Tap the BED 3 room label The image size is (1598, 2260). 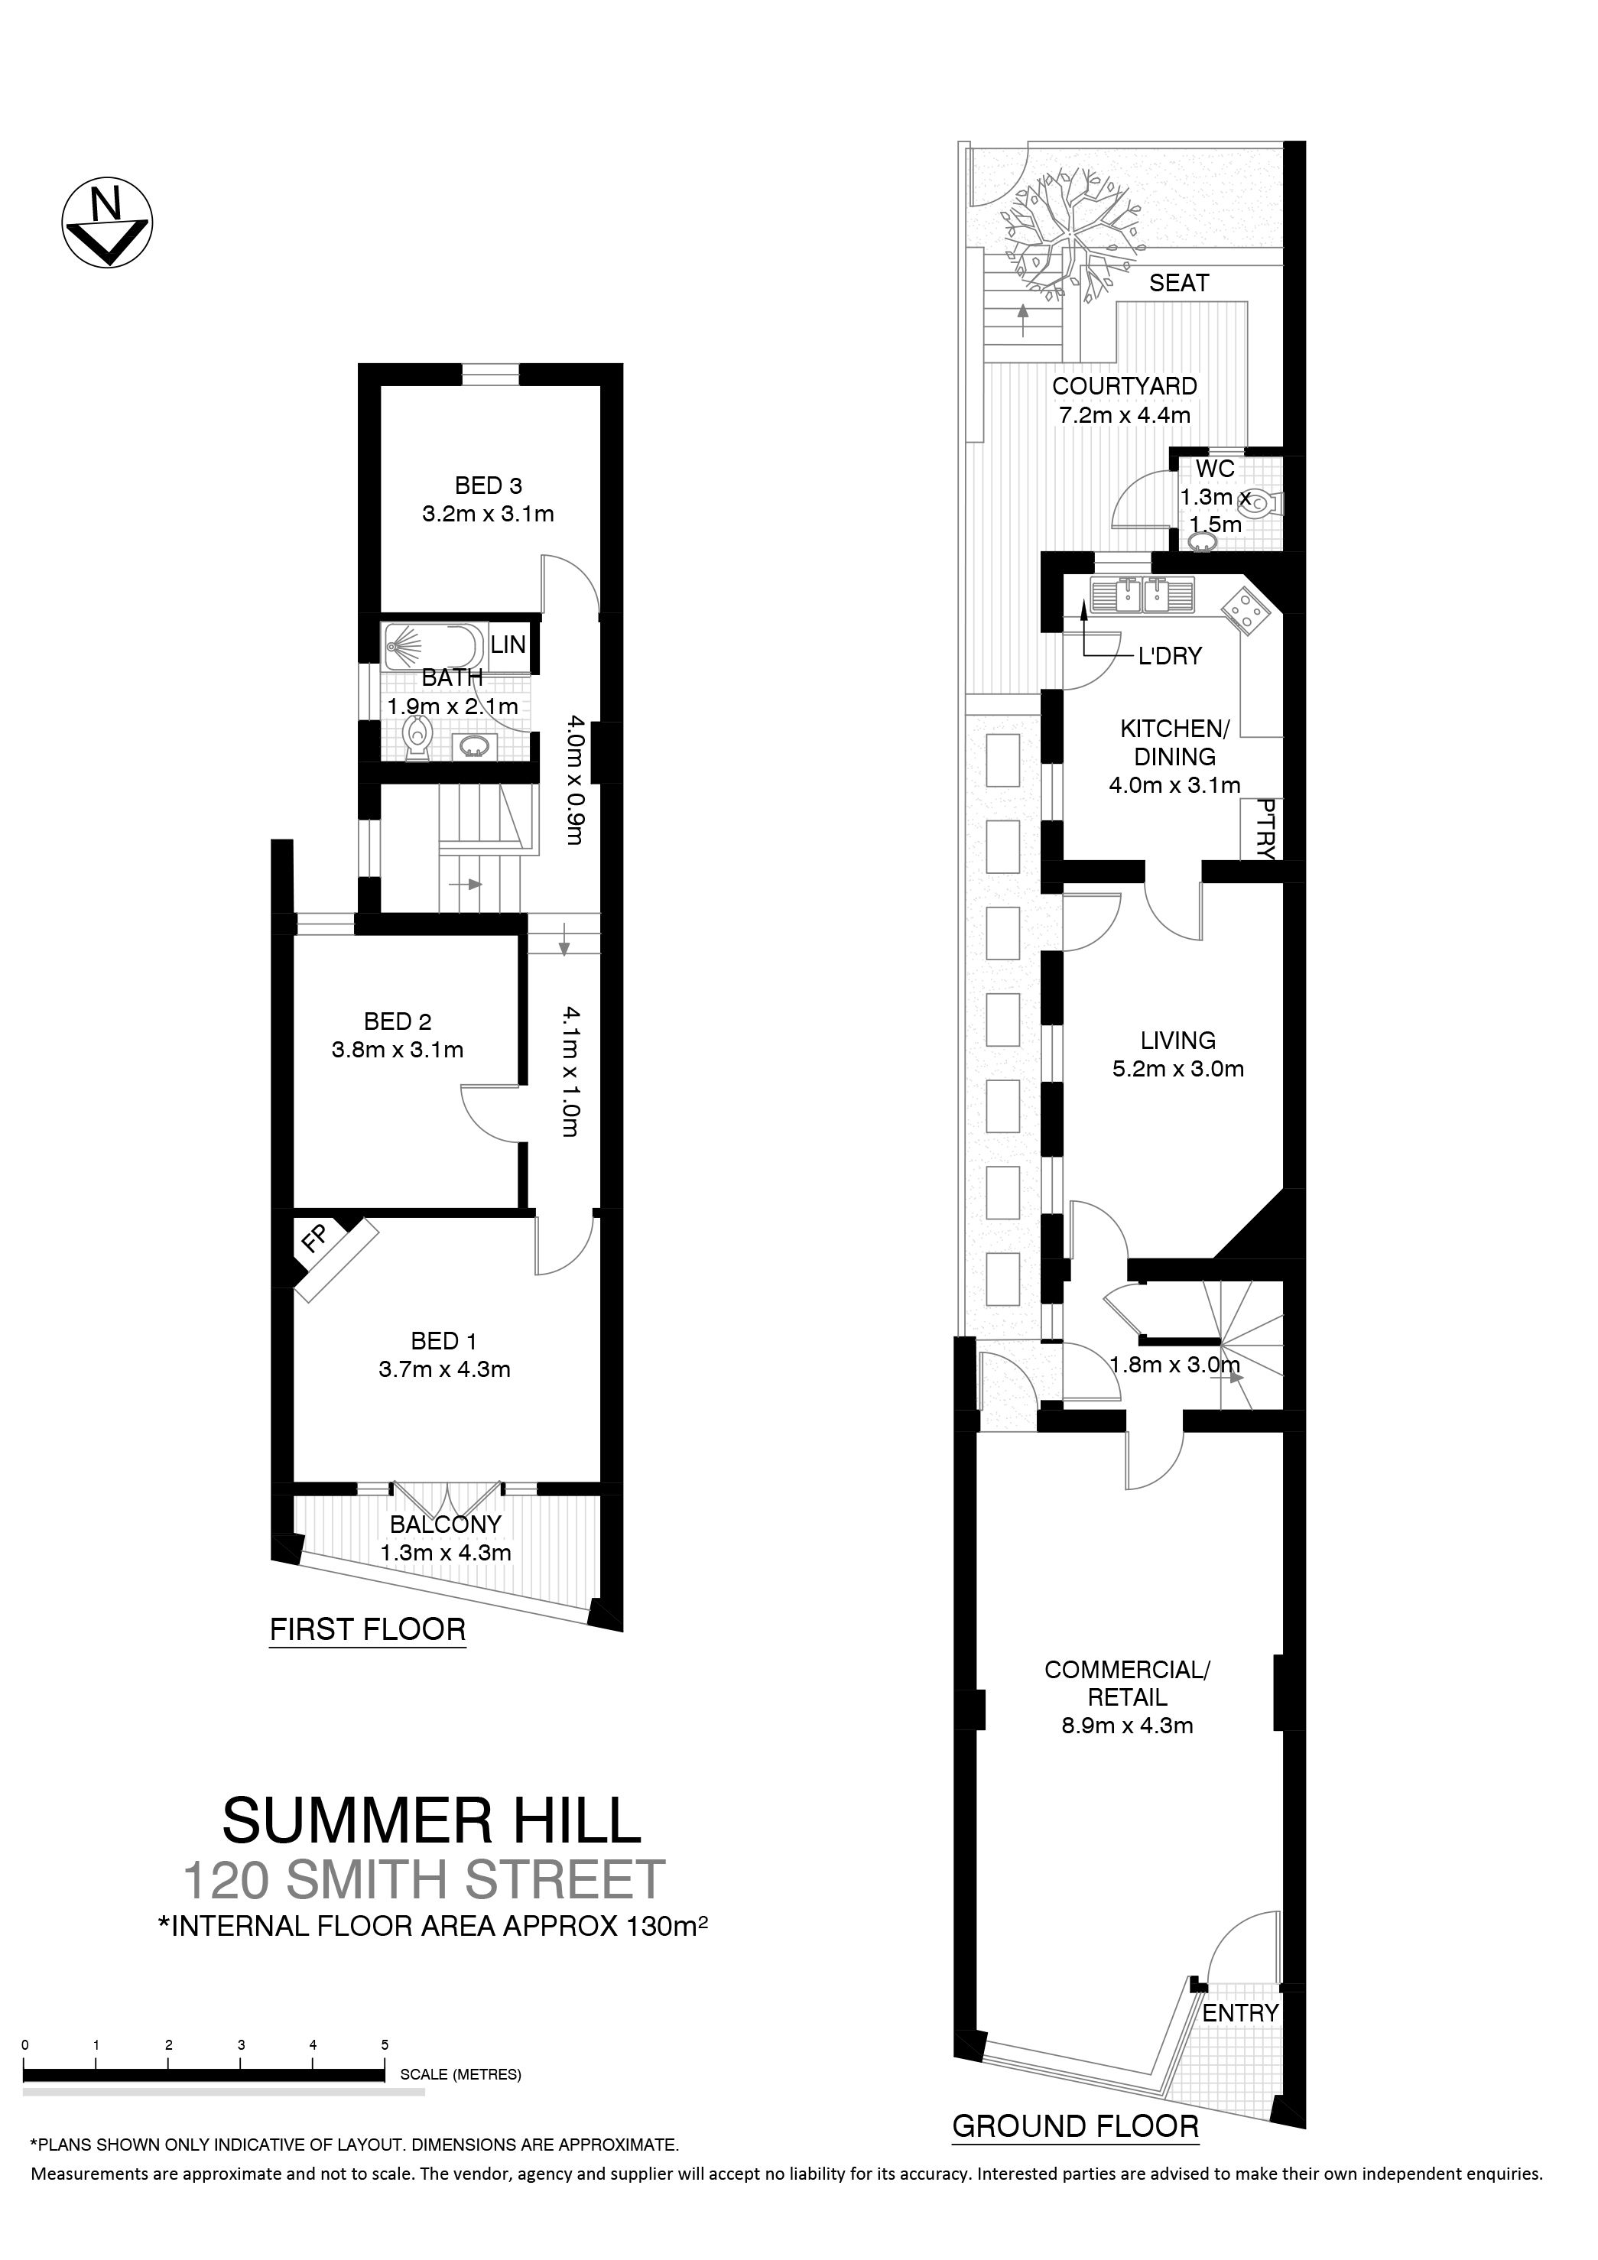click(x=489, y=485)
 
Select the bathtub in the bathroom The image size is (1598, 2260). click(x=436, y=647)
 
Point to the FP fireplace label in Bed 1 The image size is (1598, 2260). click(x=315, y=1239)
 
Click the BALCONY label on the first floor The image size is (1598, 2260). click(x=446, y=1524)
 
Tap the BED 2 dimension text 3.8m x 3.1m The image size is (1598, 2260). click(x=398, y=1050)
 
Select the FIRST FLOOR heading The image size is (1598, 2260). click(x=367, y=1629)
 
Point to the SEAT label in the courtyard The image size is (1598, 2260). click(x=1178, y=284)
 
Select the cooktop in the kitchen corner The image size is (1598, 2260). click(x=1246, y=610)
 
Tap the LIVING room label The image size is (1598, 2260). click(x=1177, y=1041)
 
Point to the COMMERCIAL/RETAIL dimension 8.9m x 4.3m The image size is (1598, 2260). click(x=1127, y=1726)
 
